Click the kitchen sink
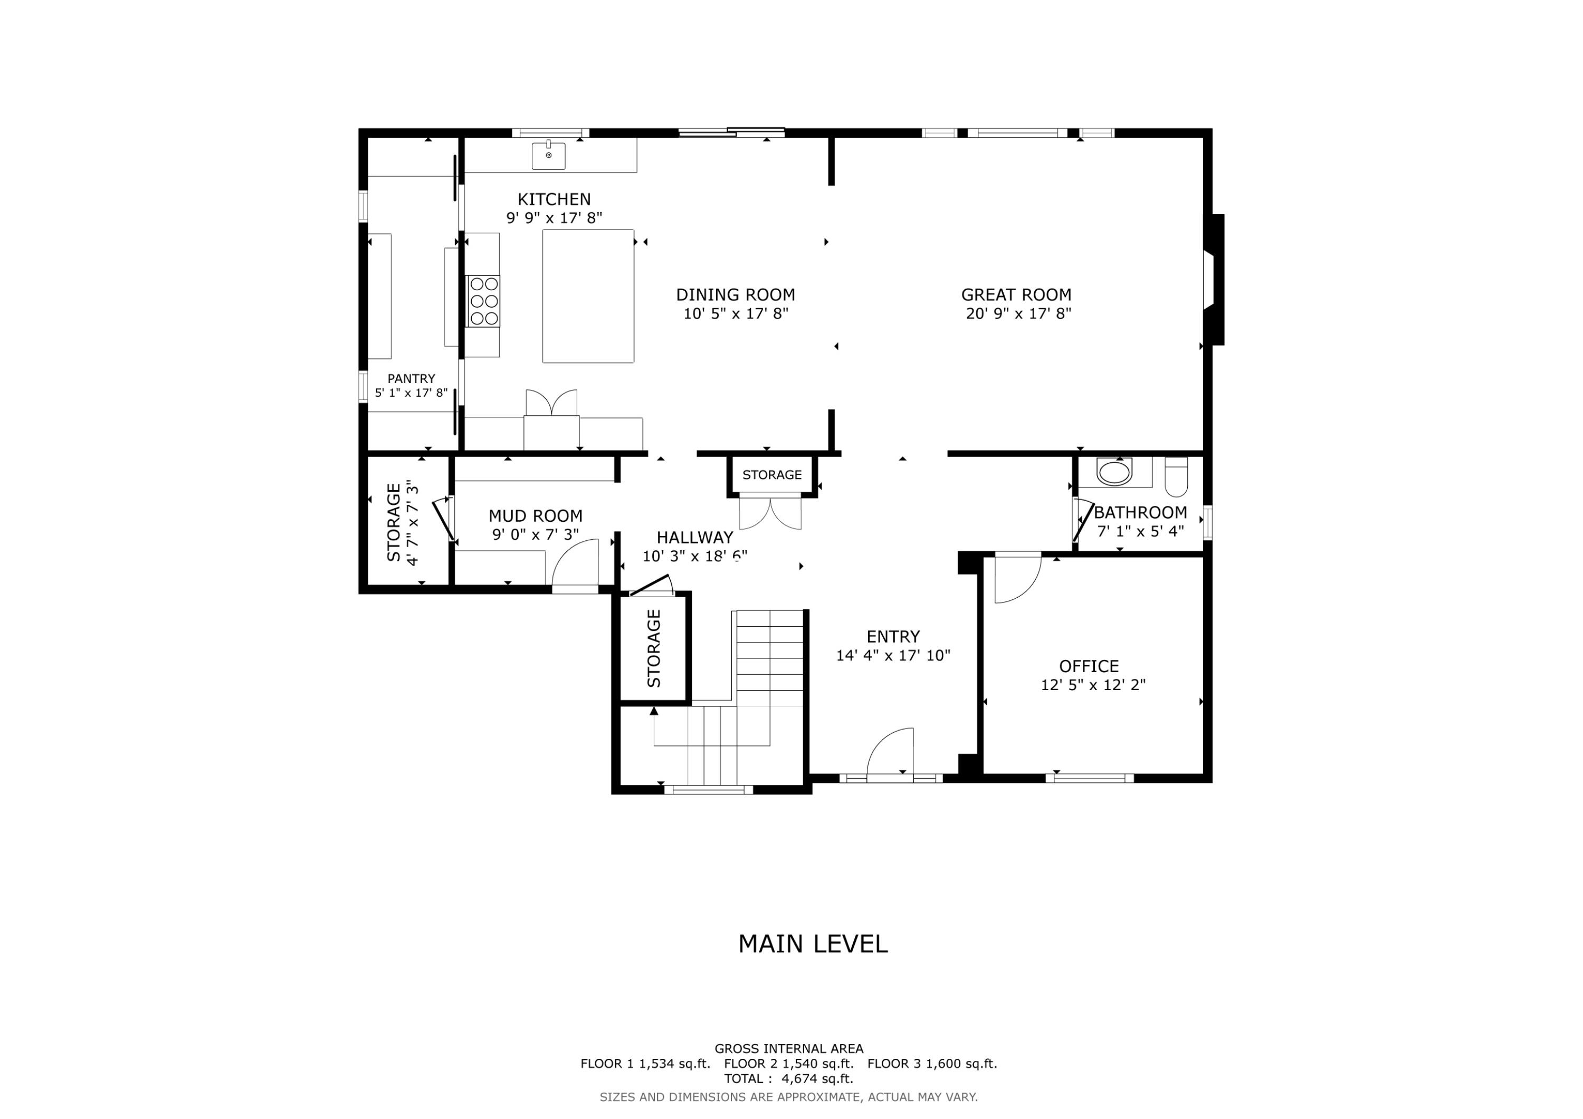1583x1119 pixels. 548,156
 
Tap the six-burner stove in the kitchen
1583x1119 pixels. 483,301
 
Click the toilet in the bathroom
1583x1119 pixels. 1176,477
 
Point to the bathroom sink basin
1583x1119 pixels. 1114,473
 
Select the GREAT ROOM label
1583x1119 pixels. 1016,295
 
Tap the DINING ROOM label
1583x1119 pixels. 735,295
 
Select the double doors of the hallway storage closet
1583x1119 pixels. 770,512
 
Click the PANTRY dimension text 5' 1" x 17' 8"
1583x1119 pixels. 411,393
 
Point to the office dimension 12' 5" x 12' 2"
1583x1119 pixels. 1093,685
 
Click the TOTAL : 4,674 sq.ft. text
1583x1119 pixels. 788,1078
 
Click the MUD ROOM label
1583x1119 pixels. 535,516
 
